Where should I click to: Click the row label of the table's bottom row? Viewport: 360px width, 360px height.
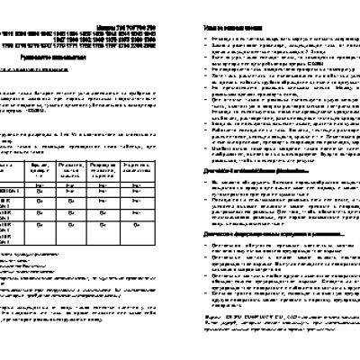pos(7,236)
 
